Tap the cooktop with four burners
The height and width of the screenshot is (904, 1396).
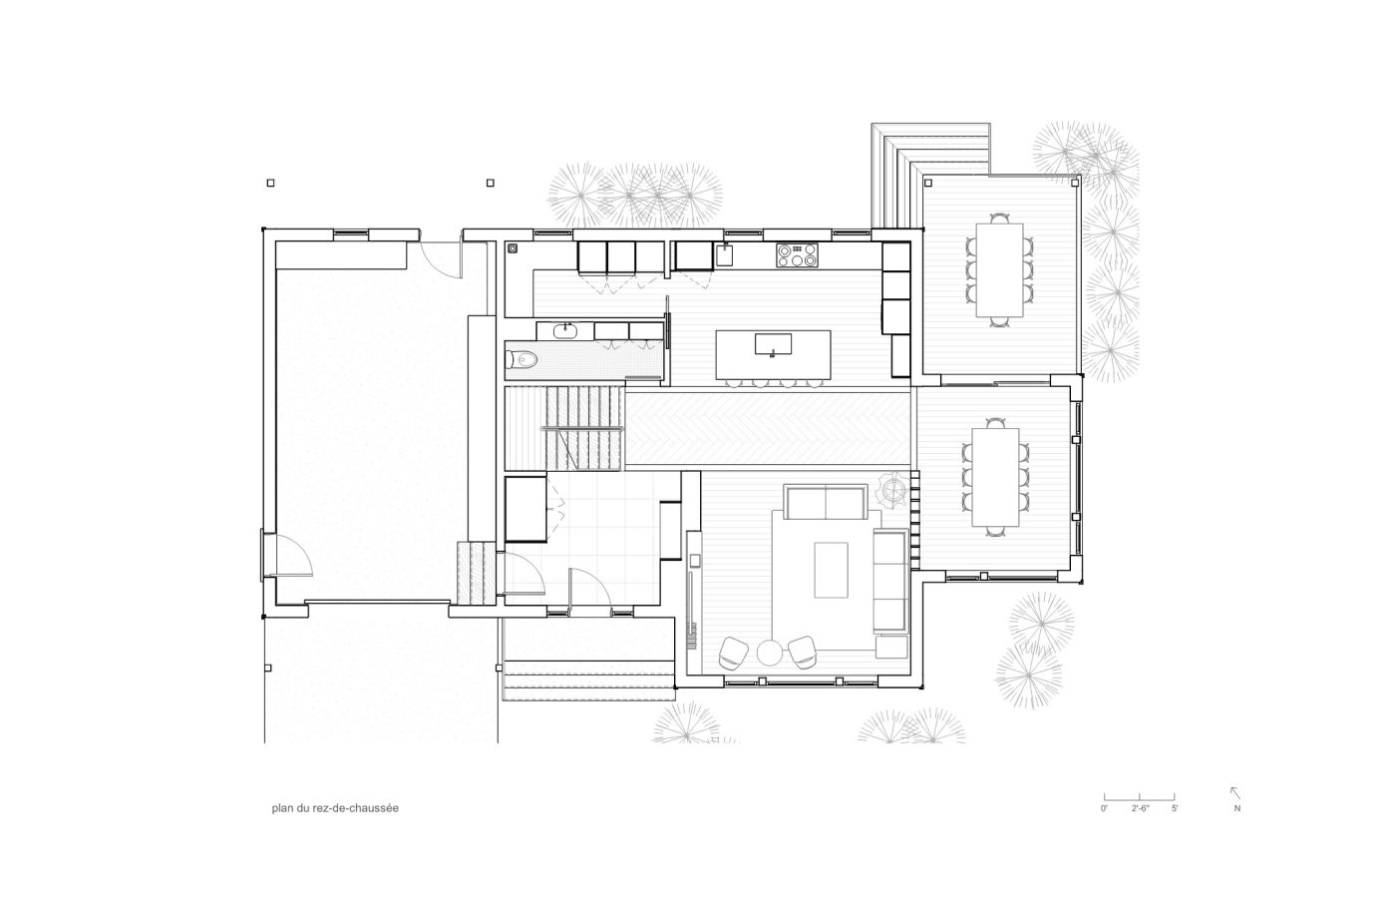[x=797, y=255]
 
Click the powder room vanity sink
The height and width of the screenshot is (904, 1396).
[x=565, y=331]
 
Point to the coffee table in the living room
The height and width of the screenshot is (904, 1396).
[x=831, y=570]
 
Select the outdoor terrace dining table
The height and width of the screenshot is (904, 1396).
[x=999, y=270]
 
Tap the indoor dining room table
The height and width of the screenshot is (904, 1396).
[x=995, y=477]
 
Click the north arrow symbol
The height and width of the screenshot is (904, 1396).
[x=1234, y=793]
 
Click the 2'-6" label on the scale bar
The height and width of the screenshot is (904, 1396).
[x=1141, y=808]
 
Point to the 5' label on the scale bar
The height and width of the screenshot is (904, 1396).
[x=1175, y=808]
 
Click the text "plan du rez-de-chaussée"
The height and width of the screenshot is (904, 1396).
[x=335, y=808]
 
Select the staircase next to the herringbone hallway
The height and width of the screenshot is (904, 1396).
[x=564, y=428]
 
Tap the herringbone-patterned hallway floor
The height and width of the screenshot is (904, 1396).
[x=768, y=428]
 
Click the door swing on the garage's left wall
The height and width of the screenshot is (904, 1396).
[x=287, y=554]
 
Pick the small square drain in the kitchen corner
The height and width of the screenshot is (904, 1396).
[x=513, y=248]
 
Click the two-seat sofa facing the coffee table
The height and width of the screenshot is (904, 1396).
[x=826, y=503]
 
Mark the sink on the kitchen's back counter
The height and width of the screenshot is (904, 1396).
[x=724, y=255]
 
